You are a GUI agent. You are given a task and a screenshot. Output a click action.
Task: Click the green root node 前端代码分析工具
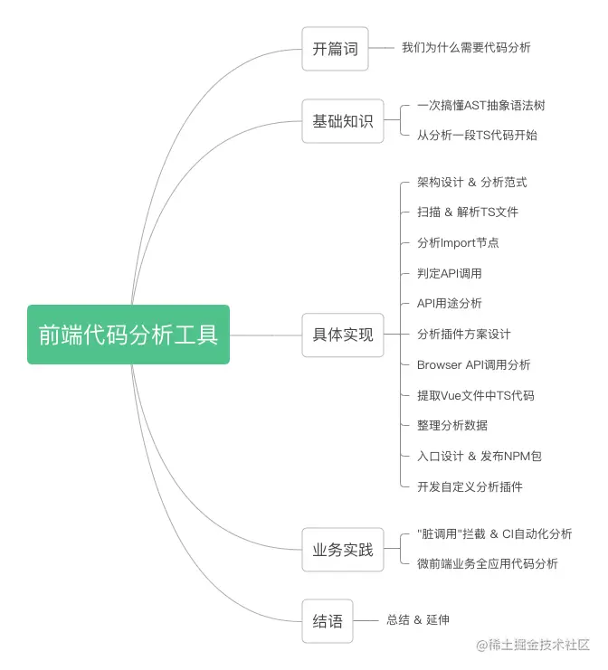pyautogui.click(x=128, y=335)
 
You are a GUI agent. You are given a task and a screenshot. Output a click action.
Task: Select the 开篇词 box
pyautogui.click(x=336, y=49)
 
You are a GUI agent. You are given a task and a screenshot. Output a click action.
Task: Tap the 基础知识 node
pyautogui.click(x=343, y=121)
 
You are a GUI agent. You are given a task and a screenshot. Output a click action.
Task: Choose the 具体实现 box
pyautogui.click(x=343, y=335)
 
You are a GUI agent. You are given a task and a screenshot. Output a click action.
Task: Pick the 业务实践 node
pyautogui.click(x=343, y=549)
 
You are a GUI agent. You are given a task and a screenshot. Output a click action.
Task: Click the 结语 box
pyautogui.click(x=328, y=621)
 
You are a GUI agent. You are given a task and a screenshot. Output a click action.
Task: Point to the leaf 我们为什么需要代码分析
pyautogui.click(x=466, y=47)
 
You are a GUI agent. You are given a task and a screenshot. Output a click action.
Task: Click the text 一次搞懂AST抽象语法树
pyautogui.click(x=481, y=106)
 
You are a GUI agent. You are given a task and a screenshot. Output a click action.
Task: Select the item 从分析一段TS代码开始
pyautogui.click(x=477, y=136)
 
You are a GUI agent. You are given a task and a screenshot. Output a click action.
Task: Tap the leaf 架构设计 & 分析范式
pyautogui.click(x=472, y=183)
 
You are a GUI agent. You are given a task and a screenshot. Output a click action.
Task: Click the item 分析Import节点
pyautogui.click(x=458, y=242)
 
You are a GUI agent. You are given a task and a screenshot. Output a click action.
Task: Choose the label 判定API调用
pyautogui.click(x=450, y=273)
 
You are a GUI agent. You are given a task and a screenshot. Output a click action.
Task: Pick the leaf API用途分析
pyautogui.click(x=450, y=303)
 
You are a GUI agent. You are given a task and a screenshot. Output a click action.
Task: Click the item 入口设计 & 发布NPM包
pyautogui.click(x=480, y=457)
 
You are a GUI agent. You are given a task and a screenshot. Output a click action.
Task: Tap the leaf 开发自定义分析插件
pyautogui.click(x=470, y=486)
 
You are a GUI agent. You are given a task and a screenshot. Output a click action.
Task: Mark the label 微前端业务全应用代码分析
pyautogui.click(x=488, y=564)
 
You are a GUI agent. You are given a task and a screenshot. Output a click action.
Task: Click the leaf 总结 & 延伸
pyautogui.click(x=418, y=620)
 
